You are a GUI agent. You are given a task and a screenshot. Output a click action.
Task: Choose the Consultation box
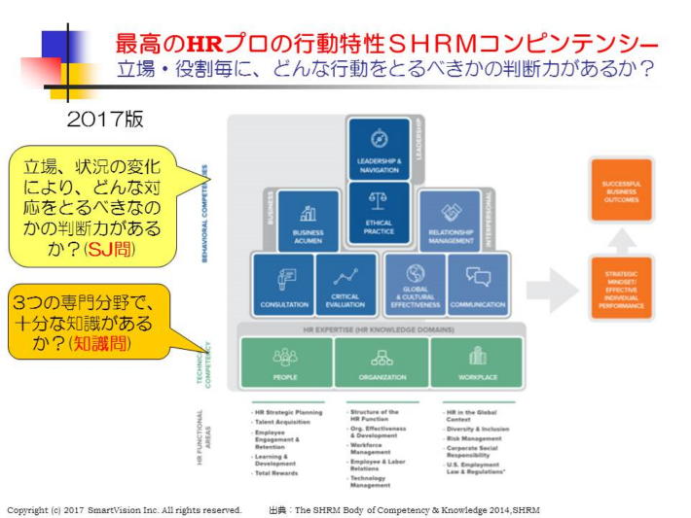pyautogui.click(x=283, y=284)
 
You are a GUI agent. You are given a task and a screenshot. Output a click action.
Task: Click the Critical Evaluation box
pyautogui.click(x=345, y=284)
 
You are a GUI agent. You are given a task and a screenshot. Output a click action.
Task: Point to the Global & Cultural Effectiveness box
pyautogui.click(x=416, y=284)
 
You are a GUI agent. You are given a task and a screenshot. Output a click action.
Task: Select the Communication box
pyautogui.click(x=478, y=284)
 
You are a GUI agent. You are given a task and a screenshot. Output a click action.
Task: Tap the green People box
pyautogui.click(x=285, y=362)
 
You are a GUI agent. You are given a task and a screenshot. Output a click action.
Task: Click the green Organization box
pyautogui.click(x=382, y=362)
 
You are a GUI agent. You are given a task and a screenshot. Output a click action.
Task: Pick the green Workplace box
pyautogui.click(x=477, y=362)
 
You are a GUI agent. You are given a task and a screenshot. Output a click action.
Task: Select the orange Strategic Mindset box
pyautogui.click(x=621, y=289)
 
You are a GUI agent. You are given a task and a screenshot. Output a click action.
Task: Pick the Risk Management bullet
pyautogui.click(x=474, y=438)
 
